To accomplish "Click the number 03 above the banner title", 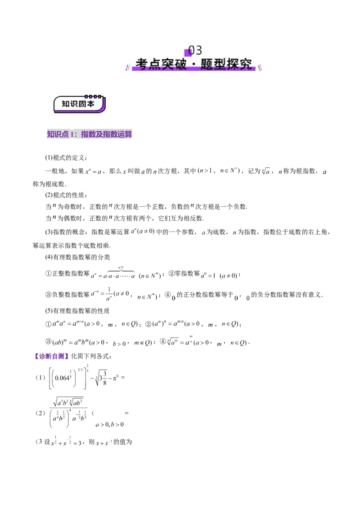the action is pyautogui.click(x=195, y=50).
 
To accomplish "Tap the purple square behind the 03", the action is pyautogui.click(x=188, y=53).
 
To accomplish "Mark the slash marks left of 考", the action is pyautogui.click(x=127, y=68).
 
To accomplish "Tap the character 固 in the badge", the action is pyautogui.click(x=82, y=104).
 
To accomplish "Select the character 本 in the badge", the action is pyautogui.click(x=90, y=104).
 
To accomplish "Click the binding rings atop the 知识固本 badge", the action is pyautogui.click(x=93, y=96).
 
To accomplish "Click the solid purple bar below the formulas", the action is pyautogui.click(x=50, y=356).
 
